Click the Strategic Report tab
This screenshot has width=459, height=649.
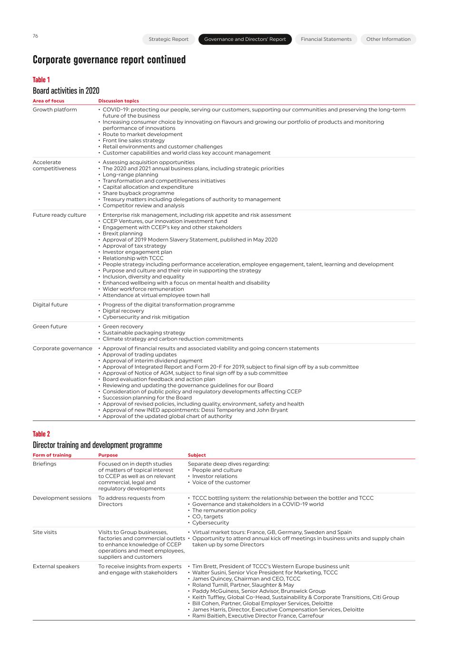coord(168,39)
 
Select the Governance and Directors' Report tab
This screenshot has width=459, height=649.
coord(245,39)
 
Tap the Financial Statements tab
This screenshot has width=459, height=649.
coord(326,39)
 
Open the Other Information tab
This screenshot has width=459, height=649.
coord(388,39)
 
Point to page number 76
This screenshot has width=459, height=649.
coord(35,36)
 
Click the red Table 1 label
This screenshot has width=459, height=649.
coord(41,80)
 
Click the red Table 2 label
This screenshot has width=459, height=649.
coord(41,434)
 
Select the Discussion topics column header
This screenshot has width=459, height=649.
coord(118,101)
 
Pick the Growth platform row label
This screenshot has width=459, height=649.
coord(55,110)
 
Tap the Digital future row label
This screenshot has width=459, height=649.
coord(50,305)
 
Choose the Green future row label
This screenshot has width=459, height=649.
coord(49,327)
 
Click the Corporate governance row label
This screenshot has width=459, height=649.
coord(62,349)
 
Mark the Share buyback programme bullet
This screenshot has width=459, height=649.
coord(138,194)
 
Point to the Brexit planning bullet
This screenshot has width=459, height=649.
coord(122,234)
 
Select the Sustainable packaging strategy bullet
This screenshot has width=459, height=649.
coord(144,333)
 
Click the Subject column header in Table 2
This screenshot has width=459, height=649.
coord(197,455)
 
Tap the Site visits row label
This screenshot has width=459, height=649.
coord(45,533)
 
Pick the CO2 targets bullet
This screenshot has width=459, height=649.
coord(207,517)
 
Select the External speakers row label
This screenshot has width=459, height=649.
coord(56,567)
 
